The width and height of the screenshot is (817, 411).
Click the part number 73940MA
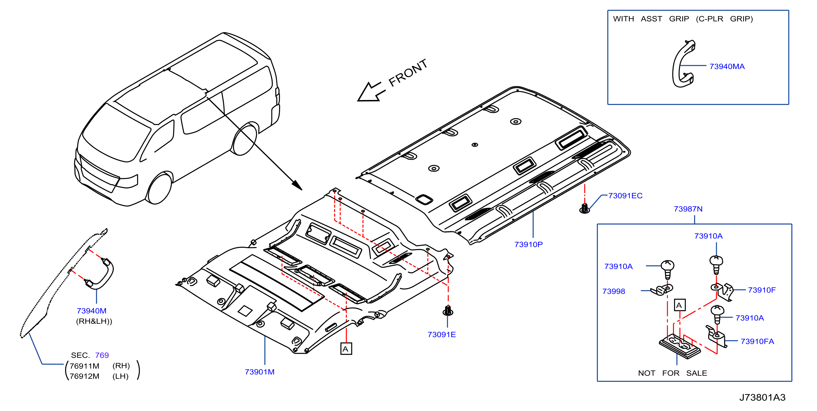click(x=727, y=66)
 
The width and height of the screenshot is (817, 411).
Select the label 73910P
click(x=528, y=245)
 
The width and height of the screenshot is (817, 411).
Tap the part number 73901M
click(x=259, y=372)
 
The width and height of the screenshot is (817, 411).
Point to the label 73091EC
click(x=625, y=196)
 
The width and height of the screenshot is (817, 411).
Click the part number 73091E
click(x=442, y=335)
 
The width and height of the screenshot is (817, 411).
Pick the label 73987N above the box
click(x=688, y=209)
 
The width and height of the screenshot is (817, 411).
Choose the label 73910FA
click(x=757, y=341)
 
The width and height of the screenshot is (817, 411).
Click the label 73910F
click(x=762, y=290)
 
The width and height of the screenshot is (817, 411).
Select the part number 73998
click(x=613, y=291)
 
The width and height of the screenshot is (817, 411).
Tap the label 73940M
click(x=91, y=311)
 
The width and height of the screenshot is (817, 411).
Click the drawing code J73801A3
click(x=762, y=397)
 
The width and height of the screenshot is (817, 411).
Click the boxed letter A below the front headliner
click(x=346, y=349)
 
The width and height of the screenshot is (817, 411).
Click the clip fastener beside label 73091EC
click(x=585, y=209)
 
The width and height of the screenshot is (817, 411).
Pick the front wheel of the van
click(x=160, y=189)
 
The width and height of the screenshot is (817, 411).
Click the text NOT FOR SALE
click(x=672, y=373)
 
